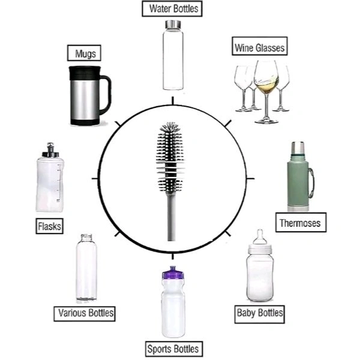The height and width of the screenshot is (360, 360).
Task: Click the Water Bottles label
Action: coord(173,9)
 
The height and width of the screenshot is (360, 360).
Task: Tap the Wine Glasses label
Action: coord(259,46)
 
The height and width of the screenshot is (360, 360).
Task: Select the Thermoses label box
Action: coord(301,223)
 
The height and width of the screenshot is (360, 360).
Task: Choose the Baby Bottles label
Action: coord(259,313)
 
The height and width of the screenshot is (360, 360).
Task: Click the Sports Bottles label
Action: coord(173,349)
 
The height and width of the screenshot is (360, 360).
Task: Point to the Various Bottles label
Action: coord(85,313)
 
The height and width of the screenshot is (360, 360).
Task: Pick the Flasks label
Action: coord(50,226)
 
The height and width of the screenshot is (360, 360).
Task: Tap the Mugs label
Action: coord(84,53)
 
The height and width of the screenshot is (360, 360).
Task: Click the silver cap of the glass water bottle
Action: coord(173,25)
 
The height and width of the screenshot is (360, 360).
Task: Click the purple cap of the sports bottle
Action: coord(173,273)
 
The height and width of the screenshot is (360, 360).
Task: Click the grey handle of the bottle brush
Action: coord(172,216)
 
